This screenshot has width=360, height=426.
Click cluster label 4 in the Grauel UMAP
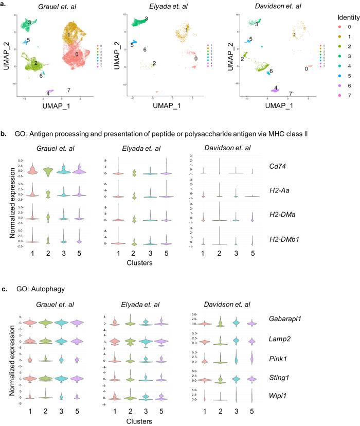[x=48, y=93]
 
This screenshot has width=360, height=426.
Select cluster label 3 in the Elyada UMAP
[x=147, y=19]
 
